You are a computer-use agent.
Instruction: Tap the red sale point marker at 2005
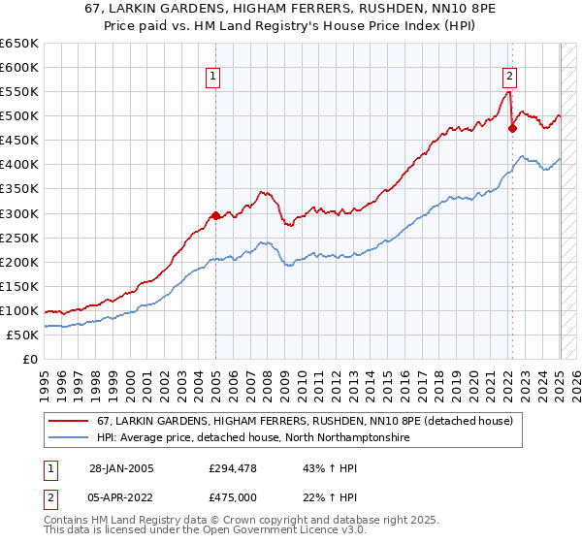coord(215,215)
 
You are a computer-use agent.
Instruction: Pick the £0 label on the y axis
coord(29,359)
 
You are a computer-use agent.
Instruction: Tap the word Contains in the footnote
coord(69,522)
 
